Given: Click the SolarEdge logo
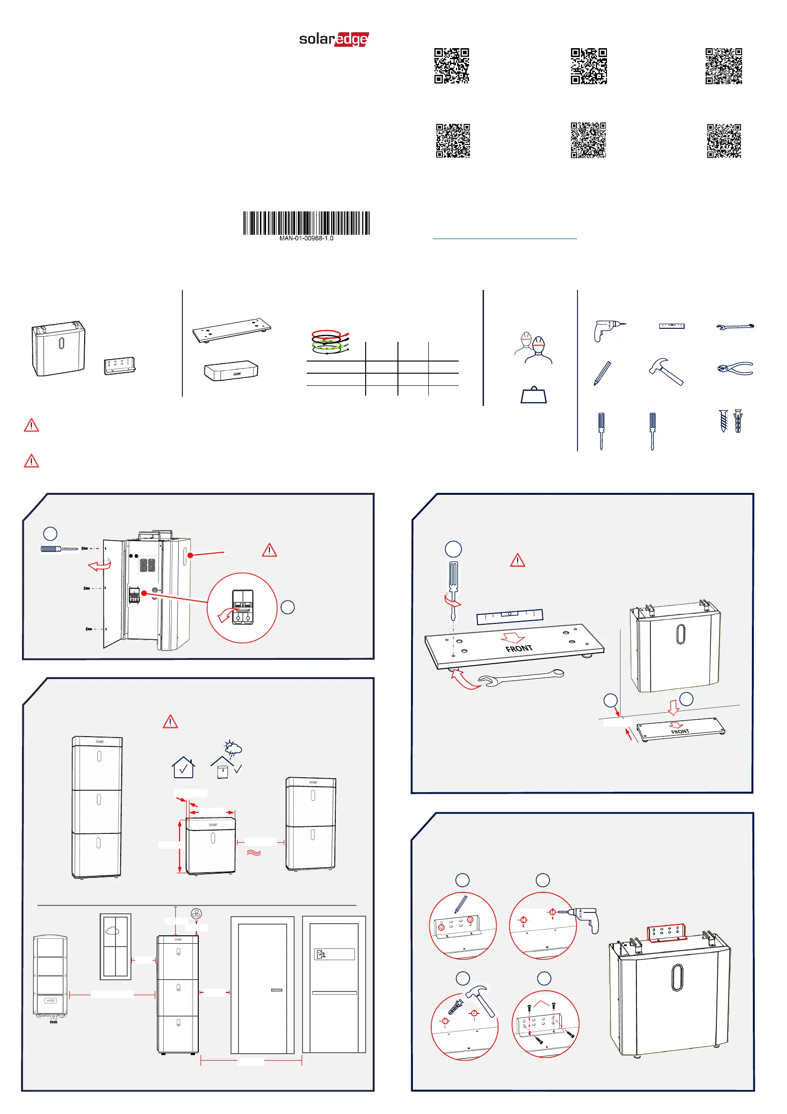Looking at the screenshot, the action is [x=334, y=39].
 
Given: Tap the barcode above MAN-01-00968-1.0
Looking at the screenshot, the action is [x=306, y=223].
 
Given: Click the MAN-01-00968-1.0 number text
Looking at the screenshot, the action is [x=306, y=238].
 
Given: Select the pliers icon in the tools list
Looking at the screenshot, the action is [x=735, y=369].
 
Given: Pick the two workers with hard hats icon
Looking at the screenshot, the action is [x=533, y=347].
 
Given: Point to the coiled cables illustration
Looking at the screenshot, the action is [x=330, y=341].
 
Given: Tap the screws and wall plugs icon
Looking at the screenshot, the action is [x=731, y=420].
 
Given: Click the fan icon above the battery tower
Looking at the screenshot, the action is [x=196, y=914].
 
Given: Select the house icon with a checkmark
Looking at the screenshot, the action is [x=183, y=767].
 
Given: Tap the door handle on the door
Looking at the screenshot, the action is [x=276, y=990].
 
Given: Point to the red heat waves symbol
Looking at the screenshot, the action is [x=254, y=853].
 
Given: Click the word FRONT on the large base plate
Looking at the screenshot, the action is [x=519, y=648].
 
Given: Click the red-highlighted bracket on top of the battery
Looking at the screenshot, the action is [x=667, y=933].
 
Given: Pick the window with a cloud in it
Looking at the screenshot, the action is [x=116, y=946].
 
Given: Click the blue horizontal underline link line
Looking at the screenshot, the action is [x=505, y=239].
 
